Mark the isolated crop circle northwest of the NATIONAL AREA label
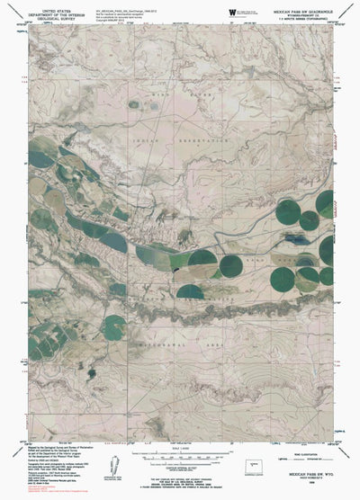(114, 326)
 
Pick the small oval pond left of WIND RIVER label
(134, 104)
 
